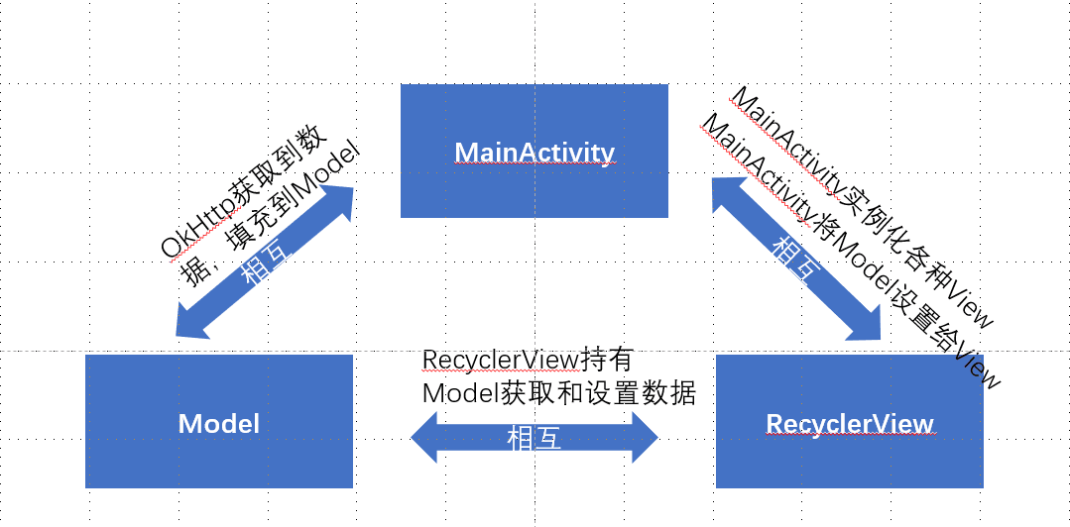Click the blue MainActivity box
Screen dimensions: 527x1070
click(534, 151)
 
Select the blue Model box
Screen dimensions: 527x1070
click(218, 422)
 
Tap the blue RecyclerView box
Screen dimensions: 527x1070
click(849, 422)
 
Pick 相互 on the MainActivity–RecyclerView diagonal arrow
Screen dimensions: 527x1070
click(795, 260)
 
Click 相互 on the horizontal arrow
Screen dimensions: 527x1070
click(534, 438)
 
